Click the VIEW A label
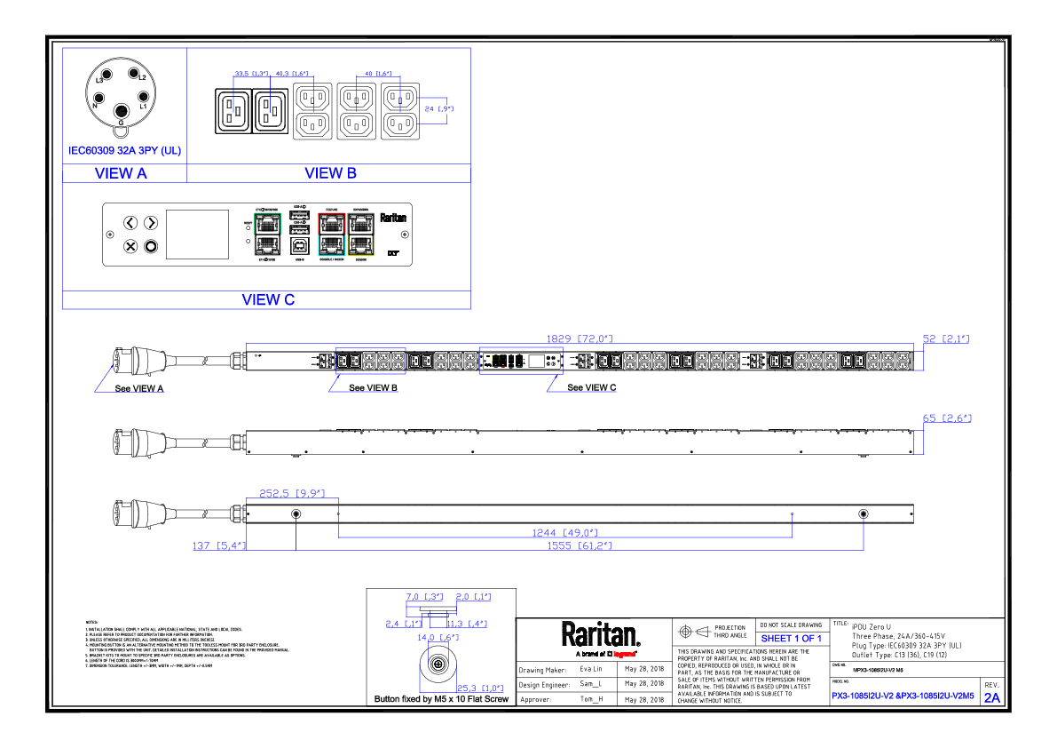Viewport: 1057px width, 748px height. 121,174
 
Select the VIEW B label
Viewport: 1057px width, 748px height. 330,174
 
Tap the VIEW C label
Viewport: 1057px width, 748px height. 268,300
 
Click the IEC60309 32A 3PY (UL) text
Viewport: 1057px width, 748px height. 124,151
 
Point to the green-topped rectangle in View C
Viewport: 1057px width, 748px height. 267,235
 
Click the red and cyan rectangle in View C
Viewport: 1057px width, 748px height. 332,235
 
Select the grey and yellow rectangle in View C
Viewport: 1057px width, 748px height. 360,235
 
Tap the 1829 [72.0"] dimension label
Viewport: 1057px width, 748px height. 579,338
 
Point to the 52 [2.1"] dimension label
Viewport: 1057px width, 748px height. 945,338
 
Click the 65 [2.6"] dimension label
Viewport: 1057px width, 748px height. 947,418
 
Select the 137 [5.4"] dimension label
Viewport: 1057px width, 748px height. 218,545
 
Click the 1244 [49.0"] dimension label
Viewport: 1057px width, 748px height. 564,533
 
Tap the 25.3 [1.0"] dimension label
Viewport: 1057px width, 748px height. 480,688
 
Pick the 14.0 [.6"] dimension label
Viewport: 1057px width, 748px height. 438,637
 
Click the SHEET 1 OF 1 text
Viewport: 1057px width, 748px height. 791,639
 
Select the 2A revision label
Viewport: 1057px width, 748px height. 991,697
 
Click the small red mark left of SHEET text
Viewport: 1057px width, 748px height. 624,655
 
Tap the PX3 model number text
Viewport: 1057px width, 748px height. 903,696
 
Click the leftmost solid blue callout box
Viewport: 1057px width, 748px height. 130,403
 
